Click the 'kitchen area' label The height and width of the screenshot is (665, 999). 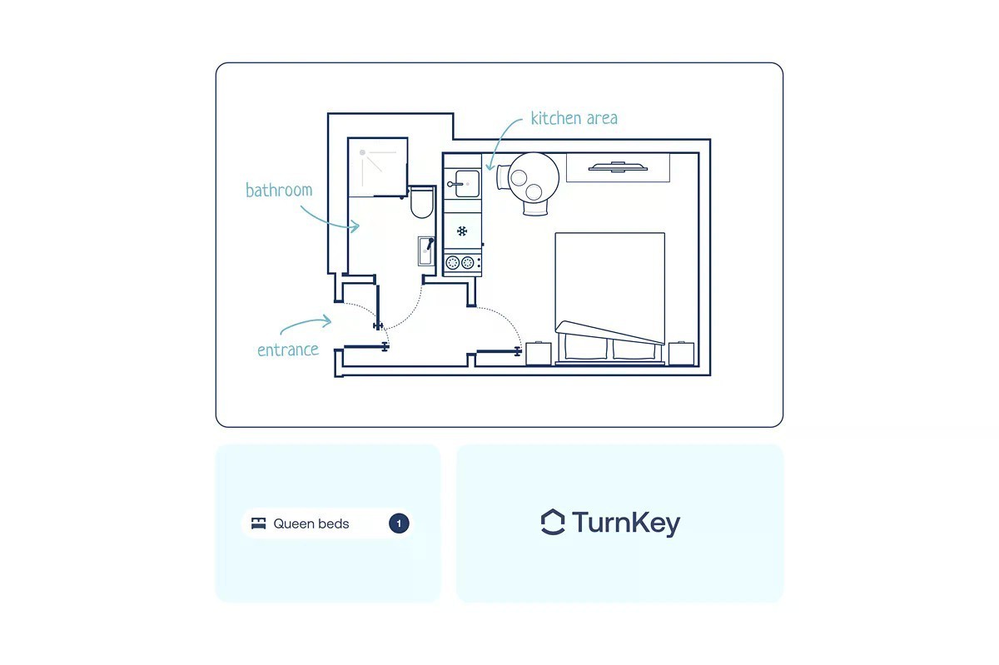pos(574,118)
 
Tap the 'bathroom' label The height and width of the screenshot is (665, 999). pos(279,190)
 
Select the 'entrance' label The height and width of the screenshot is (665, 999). pos(288,350)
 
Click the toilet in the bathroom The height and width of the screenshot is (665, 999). pos(421,202)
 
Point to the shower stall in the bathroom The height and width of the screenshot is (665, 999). pos(377,167)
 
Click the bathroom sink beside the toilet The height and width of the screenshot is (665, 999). pos(425,251)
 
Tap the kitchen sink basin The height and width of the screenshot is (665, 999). pos(464,183)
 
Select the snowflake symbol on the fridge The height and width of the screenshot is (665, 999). pos(462,231)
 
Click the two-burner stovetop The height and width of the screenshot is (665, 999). pos(462,263)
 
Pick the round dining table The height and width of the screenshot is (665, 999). pos(533,176)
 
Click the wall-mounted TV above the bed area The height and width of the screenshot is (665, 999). pos(618,167)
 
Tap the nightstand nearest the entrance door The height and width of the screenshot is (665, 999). pos(538,353)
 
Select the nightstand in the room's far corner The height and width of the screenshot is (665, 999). pos(682,353)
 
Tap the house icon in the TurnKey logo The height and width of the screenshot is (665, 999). pos(553,523)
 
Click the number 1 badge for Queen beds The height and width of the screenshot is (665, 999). pos(399,524)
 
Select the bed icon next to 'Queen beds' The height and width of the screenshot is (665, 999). pos(259,524)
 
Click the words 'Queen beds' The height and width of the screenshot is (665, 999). pos(311,524)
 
